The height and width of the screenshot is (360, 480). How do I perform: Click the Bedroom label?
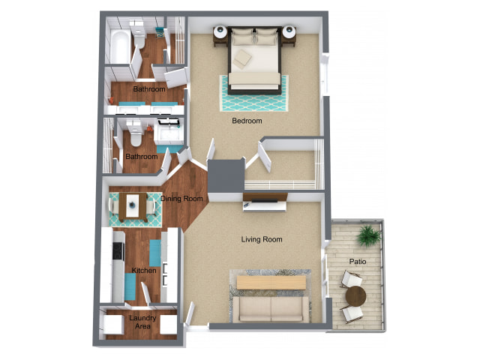pyautogui.click(x=247, y=121)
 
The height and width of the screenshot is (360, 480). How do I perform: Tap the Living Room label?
pyautogui.click(x=262, y=239)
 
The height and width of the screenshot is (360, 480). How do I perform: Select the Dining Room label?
pyautogui.click(x=181, y=199)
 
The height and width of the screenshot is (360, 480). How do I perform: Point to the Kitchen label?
pyautogui.click(x=144, y=270)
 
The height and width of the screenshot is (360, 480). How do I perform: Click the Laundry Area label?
pyautogui.click(x=142, y=322)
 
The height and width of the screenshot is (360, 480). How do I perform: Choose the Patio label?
pyautogui.click(x=358, y=262)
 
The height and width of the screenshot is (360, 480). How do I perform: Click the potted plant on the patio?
pyautogui.click(x=369, y=235)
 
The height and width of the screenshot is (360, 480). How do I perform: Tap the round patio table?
pyautogui.click(x=355, y=296)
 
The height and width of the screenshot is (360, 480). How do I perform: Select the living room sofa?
pyautogui.click(x=271, y=309)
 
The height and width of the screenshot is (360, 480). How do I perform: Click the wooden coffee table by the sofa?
pyautogui.click(x=271, y=282)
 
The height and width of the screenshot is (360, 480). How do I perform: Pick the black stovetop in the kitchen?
pyautogui.click(x=118, y=250)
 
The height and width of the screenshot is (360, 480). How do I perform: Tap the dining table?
pyautogui.click(x=133, y=207)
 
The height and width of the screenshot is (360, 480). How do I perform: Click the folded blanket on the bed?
pyautogui.click(x=242, y=58)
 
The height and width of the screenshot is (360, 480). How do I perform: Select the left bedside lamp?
pyautogui.click(x=220, y=31)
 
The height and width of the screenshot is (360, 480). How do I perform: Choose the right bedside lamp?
pyautogui.click(x=289, y=31)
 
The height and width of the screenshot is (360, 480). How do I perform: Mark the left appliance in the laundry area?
pyautogui.click(x=113, y=324)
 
